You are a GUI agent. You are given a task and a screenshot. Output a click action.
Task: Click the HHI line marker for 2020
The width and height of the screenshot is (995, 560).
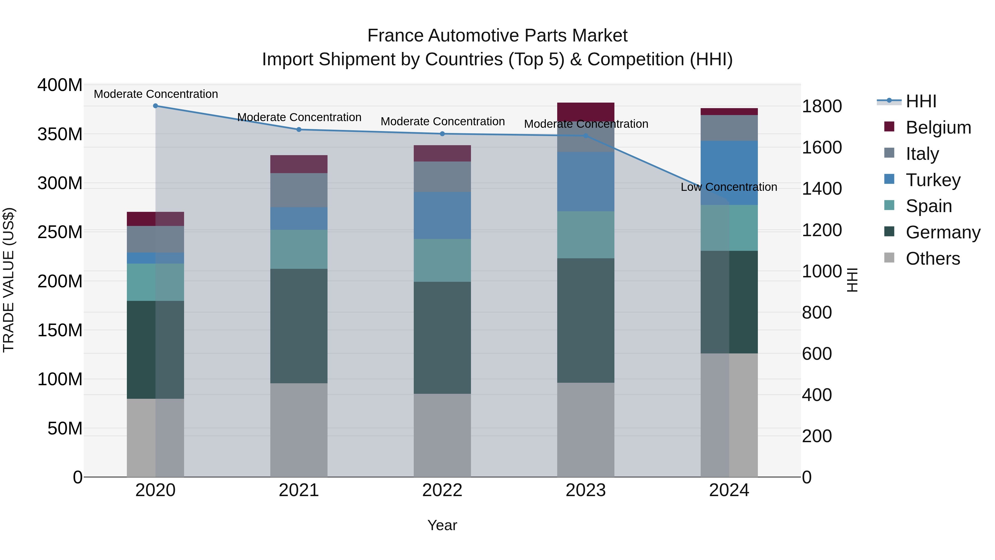155,106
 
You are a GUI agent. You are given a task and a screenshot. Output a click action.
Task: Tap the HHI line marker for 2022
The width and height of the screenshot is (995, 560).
442,134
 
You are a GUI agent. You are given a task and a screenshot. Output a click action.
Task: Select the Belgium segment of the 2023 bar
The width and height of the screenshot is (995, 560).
586,112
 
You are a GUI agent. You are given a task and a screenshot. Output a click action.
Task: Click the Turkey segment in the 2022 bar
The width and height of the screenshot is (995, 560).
442,215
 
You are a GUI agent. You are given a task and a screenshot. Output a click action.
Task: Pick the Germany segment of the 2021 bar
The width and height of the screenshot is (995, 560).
298,326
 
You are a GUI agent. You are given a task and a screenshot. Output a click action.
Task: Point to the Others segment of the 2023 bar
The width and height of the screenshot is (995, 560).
586,429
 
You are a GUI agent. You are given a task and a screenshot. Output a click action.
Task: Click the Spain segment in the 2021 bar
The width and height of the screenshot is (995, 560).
298,249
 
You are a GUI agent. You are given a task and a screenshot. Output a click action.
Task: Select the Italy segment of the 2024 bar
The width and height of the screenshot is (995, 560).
729,128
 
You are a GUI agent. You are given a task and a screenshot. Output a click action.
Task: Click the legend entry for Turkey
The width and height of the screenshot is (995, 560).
933,180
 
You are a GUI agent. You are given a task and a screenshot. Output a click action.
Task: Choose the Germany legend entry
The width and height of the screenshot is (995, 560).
942,232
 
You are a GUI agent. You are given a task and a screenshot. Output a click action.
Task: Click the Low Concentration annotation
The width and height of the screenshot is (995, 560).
729,187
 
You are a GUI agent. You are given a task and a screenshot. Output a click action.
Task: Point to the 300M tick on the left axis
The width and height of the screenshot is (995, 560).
60,183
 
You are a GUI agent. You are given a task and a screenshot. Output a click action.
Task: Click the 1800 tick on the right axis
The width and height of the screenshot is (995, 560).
822,106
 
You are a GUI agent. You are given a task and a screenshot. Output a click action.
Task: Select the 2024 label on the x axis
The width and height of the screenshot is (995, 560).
729,490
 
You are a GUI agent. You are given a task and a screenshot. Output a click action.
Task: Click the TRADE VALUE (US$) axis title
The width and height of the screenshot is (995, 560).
9,280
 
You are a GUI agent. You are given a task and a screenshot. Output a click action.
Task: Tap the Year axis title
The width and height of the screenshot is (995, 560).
442,525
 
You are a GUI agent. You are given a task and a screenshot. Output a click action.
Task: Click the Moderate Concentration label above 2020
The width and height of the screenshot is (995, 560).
156,94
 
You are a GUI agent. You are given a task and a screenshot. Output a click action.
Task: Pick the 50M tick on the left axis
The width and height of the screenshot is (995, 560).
64,428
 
